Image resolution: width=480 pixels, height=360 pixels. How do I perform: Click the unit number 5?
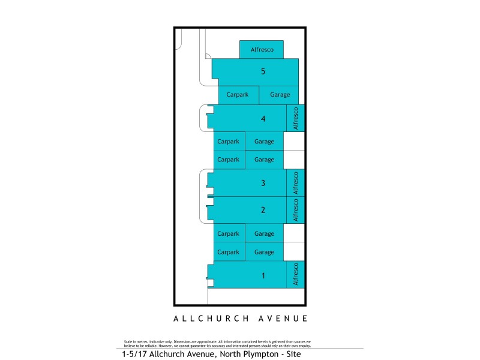(263, 71)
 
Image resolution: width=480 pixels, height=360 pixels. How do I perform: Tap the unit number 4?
(263, 119)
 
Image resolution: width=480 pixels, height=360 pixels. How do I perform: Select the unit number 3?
(263, 183)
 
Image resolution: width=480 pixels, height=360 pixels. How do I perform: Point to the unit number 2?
(263, 210)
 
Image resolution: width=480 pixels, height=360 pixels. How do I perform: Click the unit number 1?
(263, 276)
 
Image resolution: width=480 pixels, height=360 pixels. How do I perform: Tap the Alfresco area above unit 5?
(262, 50)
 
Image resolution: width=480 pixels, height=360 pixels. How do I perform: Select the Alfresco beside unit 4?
(295, 119)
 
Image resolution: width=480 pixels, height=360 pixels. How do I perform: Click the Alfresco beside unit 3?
(295, 183)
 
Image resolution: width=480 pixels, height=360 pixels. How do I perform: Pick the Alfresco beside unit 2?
(295, 210)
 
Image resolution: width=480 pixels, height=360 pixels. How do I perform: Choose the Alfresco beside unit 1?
(295, 274)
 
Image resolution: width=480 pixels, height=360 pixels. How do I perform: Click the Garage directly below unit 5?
(280, 95)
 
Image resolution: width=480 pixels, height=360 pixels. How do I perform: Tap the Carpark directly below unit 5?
(238, 95)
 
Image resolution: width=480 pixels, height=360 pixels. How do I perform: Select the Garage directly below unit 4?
(264, 142)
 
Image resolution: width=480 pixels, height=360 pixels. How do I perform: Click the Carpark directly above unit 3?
(228, 160)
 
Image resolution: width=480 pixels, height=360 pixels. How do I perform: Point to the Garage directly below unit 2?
(264, 234)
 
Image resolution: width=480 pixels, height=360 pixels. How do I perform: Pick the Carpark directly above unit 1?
(228, 253)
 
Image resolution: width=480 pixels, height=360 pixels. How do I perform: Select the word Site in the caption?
(291, 355)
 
